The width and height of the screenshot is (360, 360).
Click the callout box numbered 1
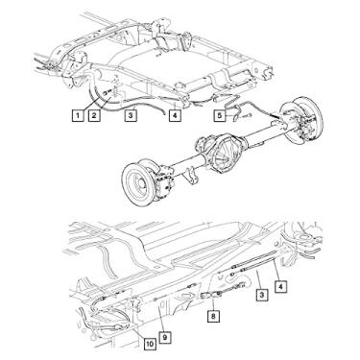point(77,115)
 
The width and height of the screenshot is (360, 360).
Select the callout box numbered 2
point(94,115)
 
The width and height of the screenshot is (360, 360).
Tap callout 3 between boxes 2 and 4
point(131,115)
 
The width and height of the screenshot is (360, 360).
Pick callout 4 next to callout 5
point(175,115)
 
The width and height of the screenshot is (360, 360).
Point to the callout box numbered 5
point(220,115)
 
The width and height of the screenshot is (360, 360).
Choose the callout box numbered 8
point(213,316)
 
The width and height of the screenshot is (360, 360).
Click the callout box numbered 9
point(165,337)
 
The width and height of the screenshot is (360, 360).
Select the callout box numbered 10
point(149,344)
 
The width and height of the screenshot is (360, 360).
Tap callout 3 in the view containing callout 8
point(262,294)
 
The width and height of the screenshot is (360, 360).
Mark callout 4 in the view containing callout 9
point(280,286)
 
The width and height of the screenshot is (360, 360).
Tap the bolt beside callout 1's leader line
point(106,93)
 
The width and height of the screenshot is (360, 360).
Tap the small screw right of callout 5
point(249,115)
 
